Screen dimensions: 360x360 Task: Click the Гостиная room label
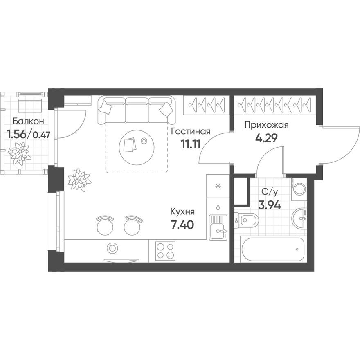pyautogui.click(x=191, y=132)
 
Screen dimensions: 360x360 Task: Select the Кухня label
pyautogui.click(x=182, y=212)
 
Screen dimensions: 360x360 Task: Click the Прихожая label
pyautogui.click(x=267, y=125)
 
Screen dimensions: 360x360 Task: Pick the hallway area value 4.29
pyautogui.click(x=267, y=137)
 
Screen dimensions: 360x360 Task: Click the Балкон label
pyautogui.click(x=28, y=121)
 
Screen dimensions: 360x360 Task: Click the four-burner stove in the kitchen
pyautogui.click(x=165, y=250)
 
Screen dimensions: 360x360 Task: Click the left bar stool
pyautogui.click(x=104, y=225)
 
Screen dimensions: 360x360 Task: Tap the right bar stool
pyautogui.click(x=132, y=225)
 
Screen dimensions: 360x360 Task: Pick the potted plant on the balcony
pyautogui.click(x=20, y=154)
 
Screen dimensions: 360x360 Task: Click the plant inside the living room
pyautogui.click(x=79, y=180)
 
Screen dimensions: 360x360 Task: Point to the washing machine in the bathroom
pyautogui.click(x=299, y=189)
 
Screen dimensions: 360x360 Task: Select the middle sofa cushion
pyautogui.click(x=136, y=110)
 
